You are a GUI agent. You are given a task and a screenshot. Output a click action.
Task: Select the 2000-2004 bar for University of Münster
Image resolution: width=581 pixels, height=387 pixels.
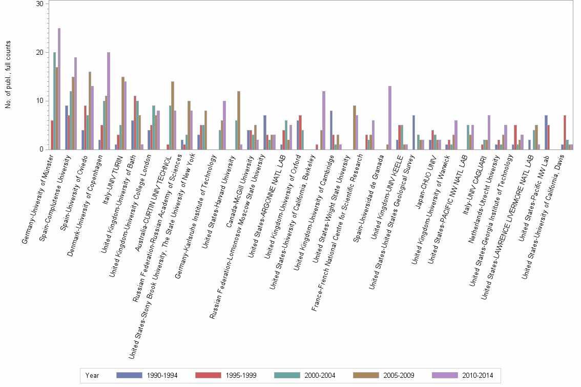[x=54, y=101]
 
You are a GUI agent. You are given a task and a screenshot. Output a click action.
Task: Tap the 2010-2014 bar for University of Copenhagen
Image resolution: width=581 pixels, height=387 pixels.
[x=109, y=101]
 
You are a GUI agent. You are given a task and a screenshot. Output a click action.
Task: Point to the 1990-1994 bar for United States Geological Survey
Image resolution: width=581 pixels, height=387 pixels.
[x=413, y=132]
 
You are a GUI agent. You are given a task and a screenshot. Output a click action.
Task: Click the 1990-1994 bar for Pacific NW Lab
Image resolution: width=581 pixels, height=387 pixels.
[x=546, y=132]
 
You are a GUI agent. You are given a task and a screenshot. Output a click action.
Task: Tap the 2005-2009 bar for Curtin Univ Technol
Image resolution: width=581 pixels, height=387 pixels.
[x=173, y=115]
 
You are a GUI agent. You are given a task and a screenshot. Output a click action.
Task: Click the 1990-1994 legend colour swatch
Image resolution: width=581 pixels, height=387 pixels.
[x=129, y=375]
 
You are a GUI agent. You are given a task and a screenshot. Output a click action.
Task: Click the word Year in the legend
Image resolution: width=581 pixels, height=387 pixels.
[x=92, y=375]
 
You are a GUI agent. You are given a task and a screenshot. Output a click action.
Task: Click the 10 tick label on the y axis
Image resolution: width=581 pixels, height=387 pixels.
[x=40, y=101]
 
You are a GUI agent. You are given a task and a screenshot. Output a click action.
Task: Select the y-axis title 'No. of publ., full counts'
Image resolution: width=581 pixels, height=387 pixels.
[x=8, y=75]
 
